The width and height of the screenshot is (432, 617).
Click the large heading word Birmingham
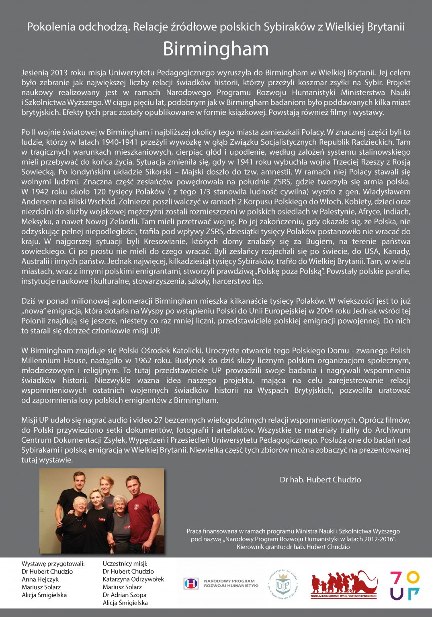216,49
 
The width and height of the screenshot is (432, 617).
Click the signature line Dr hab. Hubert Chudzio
320,480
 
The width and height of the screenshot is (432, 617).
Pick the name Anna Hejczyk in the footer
40,579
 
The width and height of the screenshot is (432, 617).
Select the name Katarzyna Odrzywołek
133,579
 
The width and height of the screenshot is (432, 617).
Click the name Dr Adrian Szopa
124,595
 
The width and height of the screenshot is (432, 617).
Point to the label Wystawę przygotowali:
53,564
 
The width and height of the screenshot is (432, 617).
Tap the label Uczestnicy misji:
125,564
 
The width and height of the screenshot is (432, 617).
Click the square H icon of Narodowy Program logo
191,584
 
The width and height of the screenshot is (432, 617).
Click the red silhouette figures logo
344,582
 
